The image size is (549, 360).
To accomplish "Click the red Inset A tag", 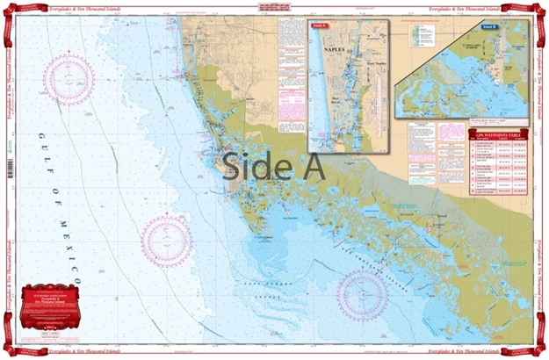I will tap(319, 26).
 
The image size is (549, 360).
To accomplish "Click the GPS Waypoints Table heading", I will tap(498, 134).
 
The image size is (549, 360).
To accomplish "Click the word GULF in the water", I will tap(44, 154).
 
